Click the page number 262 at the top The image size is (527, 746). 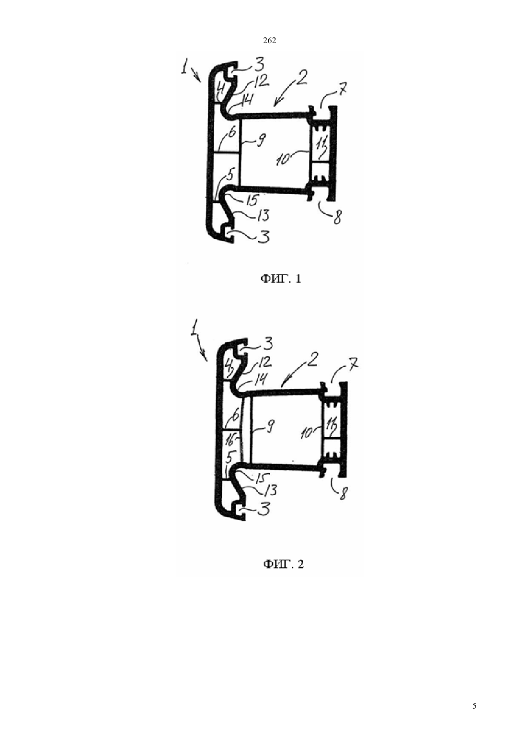[269, 41]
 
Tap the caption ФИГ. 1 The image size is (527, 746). [281, 279]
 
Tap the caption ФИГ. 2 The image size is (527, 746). [284, 564]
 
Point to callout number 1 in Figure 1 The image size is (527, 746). [184, 69]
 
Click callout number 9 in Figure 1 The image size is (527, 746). [261, 142]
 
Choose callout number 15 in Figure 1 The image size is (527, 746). [252, 200]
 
